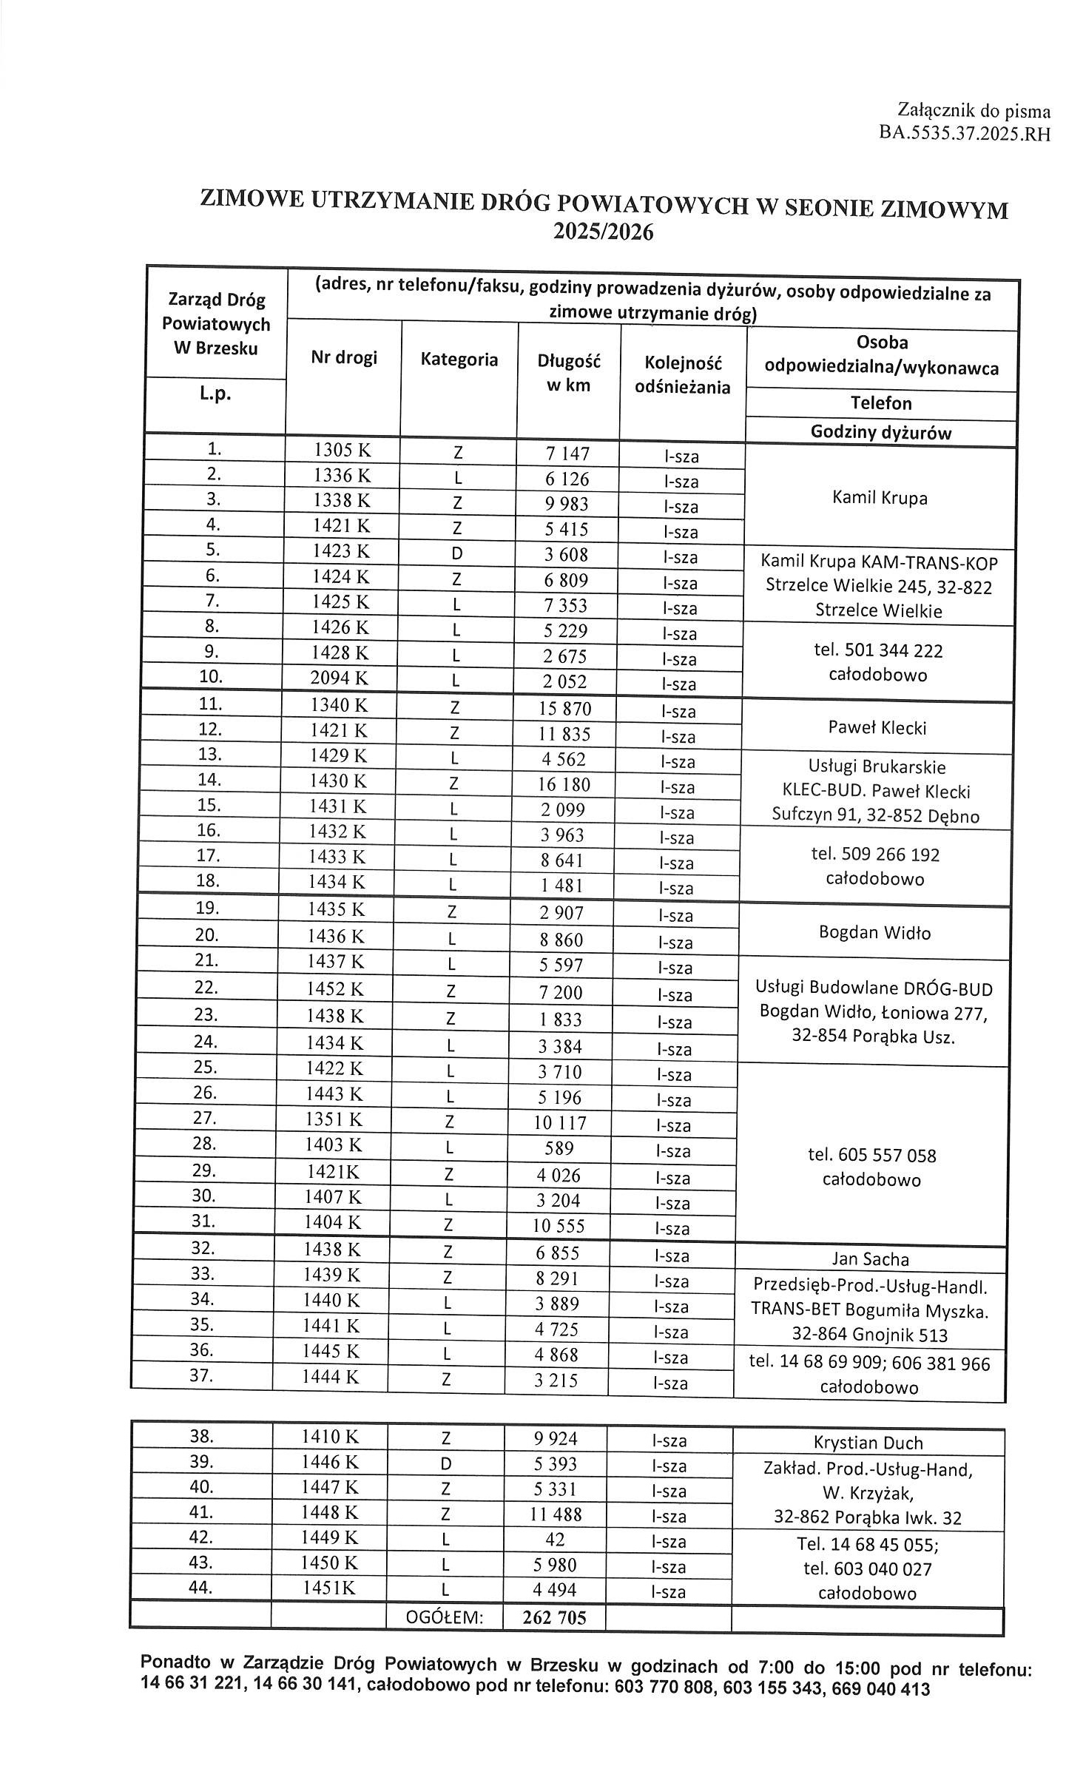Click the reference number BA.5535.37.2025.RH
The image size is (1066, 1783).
tap(964, 135)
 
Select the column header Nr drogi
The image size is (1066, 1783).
tap(344, 358)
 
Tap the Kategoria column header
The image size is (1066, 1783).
tap(459, 360)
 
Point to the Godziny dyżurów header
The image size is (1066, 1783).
tap(881, 433)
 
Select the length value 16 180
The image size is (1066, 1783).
tap(565, 784)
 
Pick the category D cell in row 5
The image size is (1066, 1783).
tap(457, 554)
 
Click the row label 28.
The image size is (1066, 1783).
tap(204, 1144)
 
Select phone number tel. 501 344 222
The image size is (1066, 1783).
tap(877, 650)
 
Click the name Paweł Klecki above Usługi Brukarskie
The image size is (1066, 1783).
tap(877, 728)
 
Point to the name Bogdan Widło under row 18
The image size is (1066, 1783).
tap(874, 932)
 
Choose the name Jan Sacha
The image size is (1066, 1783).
tap(870, 1258)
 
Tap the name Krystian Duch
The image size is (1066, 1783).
tap(868, 1442)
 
